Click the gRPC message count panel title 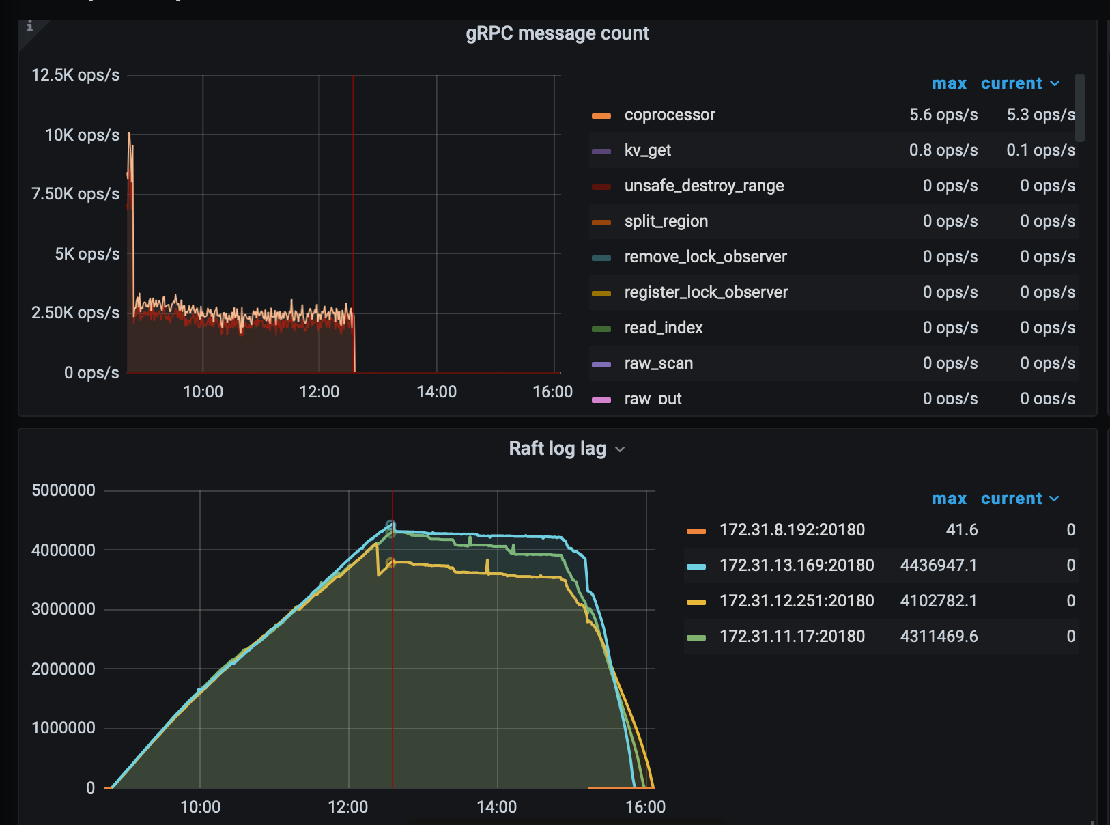[x=557, y=33]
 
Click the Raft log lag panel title [x=557, y=449]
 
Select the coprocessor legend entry [x=669, y=115]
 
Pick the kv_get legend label [x=647, y=150]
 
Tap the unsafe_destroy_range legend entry [x=703, y=186]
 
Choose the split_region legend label [x=666, y=221]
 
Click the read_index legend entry [x=663, y=328]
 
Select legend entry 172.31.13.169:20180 [x=796, y=565]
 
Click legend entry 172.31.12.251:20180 [x=796, y=601]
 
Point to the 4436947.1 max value [x=938, y=565]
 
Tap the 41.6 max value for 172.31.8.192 [x=961, y=530]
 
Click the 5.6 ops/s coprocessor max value [x=943, y=115]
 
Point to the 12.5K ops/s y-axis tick [x=75, y=75]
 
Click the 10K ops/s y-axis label [x=82, y=135]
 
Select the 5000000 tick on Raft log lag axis [x=63, y=490]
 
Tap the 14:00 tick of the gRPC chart [x=436, y=392]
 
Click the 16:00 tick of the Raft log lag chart [x=645, y=807]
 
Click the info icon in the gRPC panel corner [x=29, y=27]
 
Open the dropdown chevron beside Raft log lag [x=620, y=449]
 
